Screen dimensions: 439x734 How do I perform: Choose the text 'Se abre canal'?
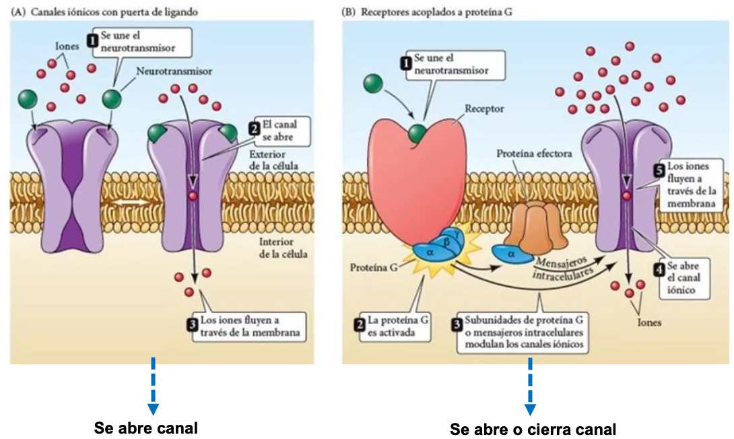point(146,428)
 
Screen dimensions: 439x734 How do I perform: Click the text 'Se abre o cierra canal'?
point(533,429)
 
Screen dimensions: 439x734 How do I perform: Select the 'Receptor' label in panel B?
point(484,108)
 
